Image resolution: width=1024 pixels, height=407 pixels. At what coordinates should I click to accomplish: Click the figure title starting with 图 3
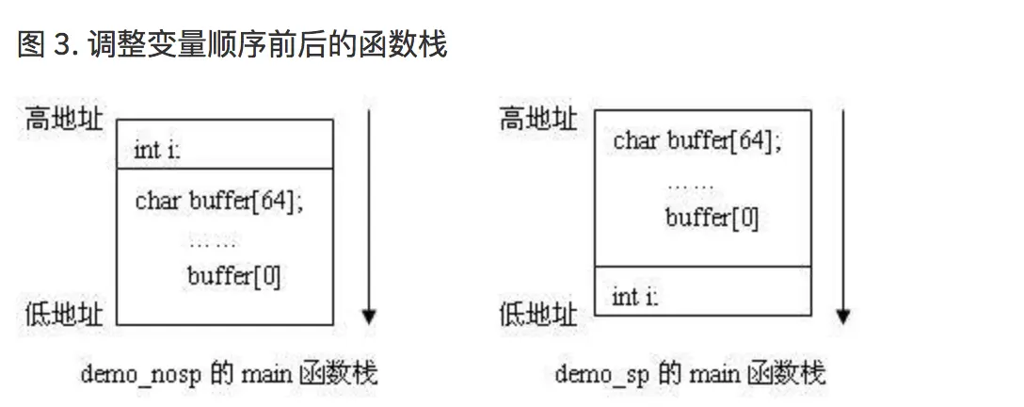pos(232,44)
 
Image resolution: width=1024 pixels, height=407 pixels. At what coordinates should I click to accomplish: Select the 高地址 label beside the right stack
pos(538,120)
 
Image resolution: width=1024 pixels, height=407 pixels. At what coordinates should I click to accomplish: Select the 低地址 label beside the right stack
pos(538,313)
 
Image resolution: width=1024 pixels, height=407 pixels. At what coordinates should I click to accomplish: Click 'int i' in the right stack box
pos(635,297)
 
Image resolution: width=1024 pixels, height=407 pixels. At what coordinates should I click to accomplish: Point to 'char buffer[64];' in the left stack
pos(219,201)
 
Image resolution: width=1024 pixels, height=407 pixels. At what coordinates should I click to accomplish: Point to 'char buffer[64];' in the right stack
pos(697,141)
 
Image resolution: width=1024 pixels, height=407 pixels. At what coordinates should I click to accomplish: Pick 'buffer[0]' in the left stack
pos(233,276)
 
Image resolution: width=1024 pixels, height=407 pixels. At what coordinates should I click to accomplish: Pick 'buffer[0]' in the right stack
pos(711,218)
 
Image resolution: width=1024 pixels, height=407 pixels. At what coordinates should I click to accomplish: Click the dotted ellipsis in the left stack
pos(213,242)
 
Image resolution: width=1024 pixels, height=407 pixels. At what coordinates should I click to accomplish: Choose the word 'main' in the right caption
pos(714,374)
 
